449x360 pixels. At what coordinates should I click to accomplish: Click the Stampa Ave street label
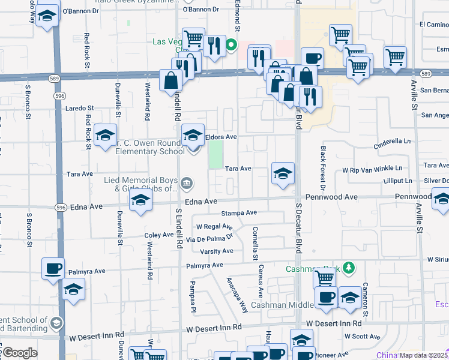click(x=239, y=213)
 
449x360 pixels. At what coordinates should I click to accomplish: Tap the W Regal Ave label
click(x=214, y=227)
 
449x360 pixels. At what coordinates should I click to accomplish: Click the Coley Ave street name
click(x=159, y=235)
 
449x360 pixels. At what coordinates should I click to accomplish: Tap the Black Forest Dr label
click(x=323, y=164)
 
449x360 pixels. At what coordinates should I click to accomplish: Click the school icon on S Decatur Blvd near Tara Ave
click(x=283, y=174)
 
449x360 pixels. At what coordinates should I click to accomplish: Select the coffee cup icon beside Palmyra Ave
click(x=53, y=269)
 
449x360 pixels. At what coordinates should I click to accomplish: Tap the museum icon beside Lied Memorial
click(x=187, y=182)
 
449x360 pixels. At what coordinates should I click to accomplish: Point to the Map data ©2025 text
click(x=424, y=355)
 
